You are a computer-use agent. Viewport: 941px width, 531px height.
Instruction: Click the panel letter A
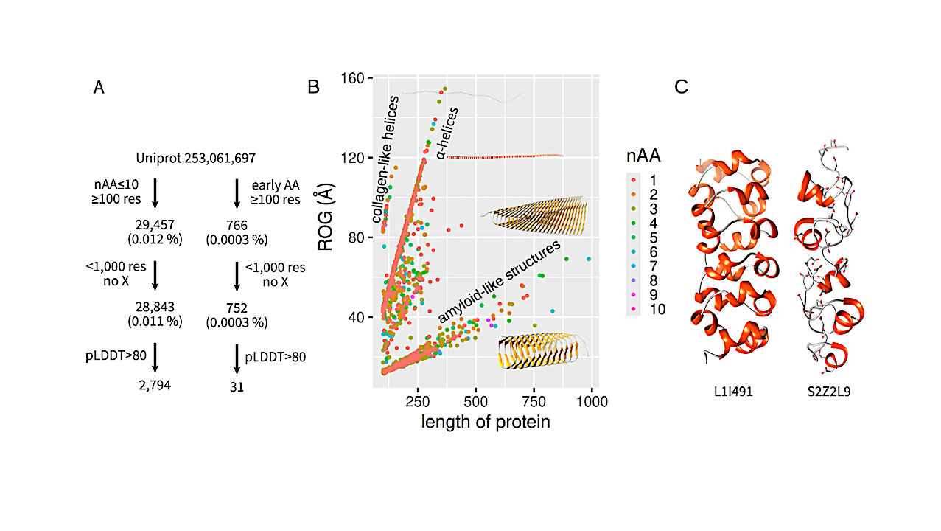99,88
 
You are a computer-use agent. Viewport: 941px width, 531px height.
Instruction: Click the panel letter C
682,87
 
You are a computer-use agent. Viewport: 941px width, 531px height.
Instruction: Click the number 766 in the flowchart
237,226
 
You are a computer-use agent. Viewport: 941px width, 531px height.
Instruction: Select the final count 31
237,385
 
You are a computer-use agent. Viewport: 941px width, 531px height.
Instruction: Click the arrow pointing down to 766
237,192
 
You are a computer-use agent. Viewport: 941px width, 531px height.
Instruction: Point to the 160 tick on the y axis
354,77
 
